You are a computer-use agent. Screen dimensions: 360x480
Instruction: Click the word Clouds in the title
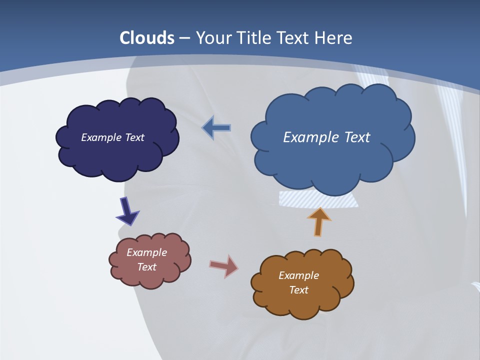click(x=147, y=38)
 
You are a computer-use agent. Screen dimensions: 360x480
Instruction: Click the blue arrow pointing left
click(x=216, y=128)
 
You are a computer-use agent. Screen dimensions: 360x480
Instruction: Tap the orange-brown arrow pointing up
click(x=318, y=221)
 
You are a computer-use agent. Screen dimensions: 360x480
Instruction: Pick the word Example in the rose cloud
click(x=146, y=252)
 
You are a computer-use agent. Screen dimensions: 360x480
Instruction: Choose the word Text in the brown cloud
click(x=298, y=290)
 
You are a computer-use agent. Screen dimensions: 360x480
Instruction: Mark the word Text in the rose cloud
click(x=146, y=267)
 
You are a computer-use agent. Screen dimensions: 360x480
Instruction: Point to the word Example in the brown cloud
click(x=298, y=275)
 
